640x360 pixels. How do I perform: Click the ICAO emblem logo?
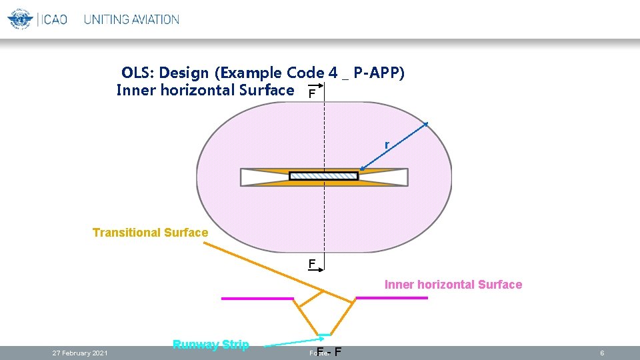pos(20,19)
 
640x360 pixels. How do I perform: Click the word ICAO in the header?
pos(54,19)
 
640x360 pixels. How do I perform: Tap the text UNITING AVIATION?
pos(131,19)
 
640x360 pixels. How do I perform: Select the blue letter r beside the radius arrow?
pos(386,145)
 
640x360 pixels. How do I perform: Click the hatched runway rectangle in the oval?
pos(324,176)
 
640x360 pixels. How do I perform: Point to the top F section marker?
pos(311,94)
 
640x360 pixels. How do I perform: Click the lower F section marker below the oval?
pos(311,263)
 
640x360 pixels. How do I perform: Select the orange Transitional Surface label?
pos(150,233)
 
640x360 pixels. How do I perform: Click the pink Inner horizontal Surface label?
pos(453,285)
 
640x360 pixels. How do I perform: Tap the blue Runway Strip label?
pos(211,345)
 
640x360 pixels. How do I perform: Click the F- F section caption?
pos(330,352)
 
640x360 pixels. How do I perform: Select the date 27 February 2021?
pos(80,353)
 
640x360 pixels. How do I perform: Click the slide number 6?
pos(602,353)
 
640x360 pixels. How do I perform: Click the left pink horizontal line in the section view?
pos(257,299)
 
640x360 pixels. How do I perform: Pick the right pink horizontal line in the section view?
pos(391,298)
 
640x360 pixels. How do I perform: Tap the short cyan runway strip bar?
pos(324,335)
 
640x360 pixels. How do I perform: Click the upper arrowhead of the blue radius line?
pos(425,125)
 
